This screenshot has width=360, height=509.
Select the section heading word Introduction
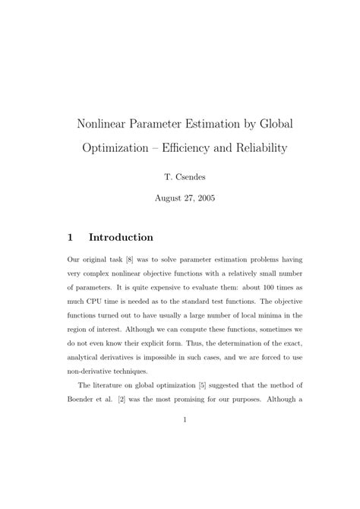(x=121, y=237)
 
